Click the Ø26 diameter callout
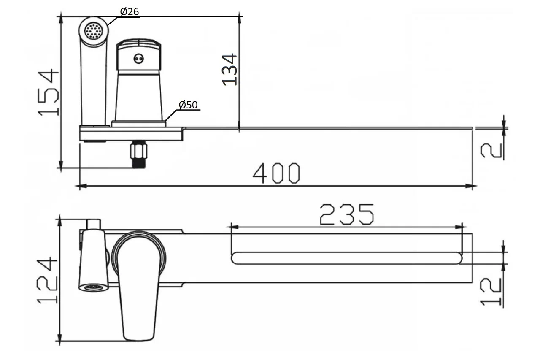(x=130, y=11)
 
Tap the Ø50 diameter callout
(x=188, y=105)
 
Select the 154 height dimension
(x=48, y=92)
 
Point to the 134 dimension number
(x=229, y=70)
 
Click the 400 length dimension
(x=276, y=173)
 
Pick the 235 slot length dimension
(x=347, y=214)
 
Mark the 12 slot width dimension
(x=491, y=292)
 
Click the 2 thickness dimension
(x=491, y=151)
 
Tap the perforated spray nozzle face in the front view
(x=94, y=31)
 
